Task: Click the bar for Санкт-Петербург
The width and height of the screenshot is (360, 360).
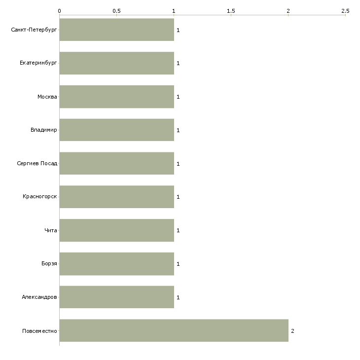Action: coord(117,30)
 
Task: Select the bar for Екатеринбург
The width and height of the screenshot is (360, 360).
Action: coord(117,63)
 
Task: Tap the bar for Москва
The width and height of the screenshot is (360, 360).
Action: coord(117,97)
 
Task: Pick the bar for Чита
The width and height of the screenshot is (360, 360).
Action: coord(117,230)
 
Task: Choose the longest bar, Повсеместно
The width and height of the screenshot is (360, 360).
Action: coord(174,330)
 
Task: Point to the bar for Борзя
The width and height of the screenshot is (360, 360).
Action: coord(117,264)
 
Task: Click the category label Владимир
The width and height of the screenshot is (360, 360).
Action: coord(43,130)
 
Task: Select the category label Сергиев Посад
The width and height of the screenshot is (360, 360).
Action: coord(37,163)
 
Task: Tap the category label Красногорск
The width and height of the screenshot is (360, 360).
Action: coord(40,197)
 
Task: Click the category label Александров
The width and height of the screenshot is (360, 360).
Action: coord(39,297)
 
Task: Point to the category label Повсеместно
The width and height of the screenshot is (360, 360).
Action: coord(39,331)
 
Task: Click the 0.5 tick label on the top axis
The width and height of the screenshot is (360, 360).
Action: coord(116,11)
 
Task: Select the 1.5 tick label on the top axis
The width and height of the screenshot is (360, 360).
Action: coord(231,11)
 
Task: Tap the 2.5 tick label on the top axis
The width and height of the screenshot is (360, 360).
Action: coord(345,11)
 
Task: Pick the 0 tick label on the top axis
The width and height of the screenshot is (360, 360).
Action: coord(60,11)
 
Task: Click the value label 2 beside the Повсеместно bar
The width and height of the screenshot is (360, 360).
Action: coord(292,331)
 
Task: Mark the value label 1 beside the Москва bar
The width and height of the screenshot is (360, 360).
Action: coord(178,97)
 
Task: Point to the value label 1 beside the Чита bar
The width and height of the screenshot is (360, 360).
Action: coord(178,230)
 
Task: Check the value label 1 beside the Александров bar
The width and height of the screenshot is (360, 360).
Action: coord(178,297)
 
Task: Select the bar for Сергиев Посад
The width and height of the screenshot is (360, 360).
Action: coord(117,163)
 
